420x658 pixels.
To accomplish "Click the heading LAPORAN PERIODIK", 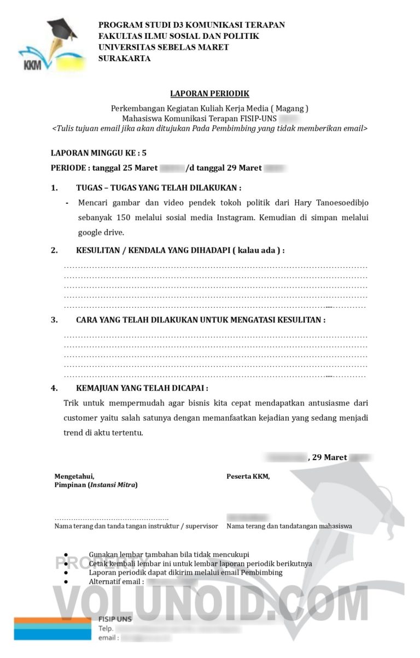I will (209, 94).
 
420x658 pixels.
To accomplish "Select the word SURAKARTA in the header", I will (125, 58).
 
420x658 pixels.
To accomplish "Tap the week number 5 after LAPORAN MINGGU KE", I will (144, 154).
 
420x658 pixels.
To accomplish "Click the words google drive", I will (101, 232).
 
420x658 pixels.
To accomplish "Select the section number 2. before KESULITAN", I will (54, 250).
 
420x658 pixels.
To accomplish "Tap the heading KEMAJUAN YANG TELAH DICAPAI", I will (142, 388).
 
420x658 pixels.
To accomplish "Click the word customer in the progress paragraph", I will (81, 418).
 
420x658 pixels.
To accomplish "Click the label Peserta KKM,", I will (248, 477).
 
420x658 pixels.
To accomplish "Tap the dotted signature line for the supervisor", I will (112, 518).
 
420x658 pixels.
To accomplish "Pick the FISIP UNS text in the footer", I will (115, 619).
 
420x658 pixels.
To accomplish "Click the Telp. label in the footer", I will (106, 628).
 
